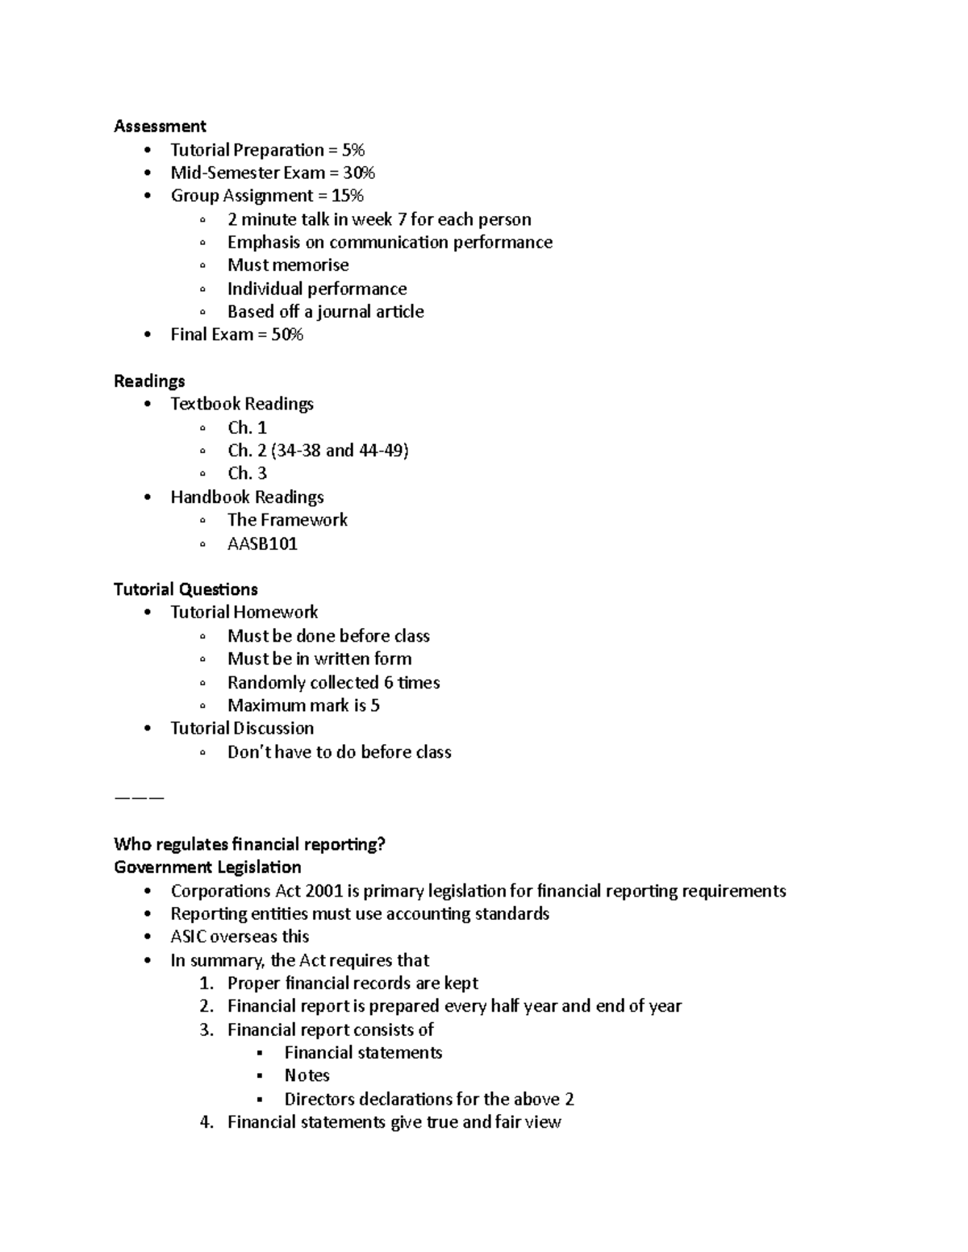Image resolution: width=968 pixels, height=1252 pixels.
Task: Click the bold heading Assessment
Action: [160, 126]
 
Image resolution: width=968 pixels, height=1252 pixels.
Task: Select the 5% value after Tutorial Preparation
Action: [353, 150]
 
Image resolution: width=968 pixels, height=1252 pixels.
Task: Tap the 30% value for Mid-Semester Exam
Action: [359, 173]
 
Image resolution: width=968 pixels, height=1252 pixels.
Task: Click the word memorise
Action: [311, 265]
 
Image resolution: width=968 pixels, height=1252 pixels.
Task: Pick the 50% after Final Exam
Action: [287, 335]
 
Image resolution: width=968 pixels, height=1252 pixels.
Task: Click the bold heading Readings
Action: [149, 381]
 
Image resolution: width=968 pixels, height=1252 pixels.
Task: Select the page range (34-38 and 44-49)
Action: [340, 450]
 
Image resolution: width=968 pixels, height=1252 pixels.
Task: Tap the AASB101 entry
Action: [262, 543]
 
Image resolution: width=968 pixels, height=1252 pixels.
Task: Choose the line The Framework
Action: [287, 520]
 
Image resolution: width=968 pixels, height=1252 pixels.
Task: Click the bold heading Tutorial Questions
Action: [186, 589]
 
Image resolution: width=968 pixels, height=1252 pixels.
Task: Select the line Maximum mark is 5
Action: [303, 705]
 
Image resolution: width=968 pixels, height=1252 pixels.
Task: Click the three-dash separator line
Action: [139, 797]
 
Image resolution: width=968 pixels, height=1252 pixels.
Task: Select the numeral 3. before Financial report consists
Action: [207, 1029]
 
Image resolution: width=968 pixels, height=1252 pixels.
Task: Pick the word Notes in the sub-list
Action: [307, 1075]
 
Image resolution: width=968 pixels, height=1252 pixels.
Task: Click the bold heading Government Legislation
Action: [207, 867]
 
